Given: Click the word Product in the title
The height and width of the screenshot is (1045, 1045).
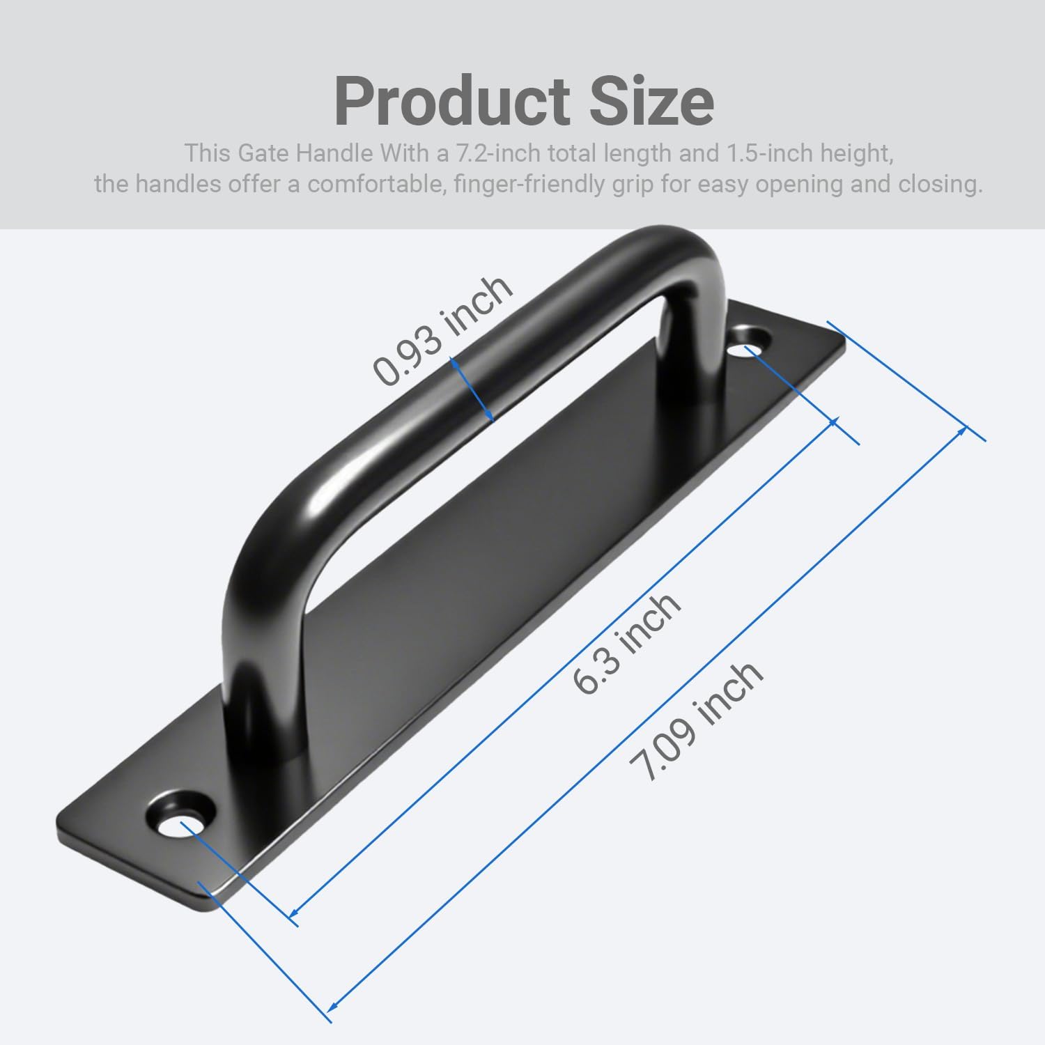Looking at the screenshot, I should [451, 102].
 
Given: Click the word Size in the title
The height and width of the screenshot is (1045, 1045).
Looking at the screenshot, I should [652, 102].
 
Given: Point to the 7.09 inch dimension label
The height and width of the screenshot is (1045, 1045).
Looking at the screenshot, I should [695, 720].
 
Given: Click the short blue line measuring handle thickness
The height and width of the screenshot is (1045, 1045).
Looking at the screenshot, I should [472, 389].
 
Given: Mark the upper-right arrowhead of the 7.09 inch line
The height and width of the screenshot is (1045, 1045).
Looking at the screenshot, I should [963, 429].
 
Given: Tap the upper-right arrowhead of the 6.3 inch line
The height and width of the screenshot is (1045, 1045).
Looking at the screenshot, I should [832, 422].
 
